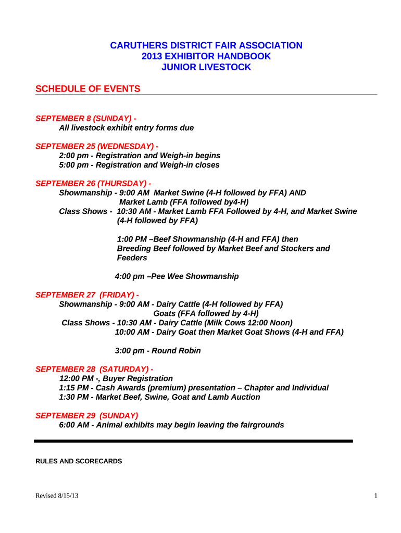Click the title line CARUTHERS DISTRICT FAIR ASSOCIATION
point(206,46)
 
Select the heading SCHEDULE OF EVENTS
point(87,89)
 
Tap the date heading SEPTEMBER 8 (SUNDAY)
point(86,119)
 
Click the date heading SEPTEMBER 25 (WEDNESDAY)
point(97,146)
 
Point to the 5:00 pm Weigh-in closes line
point(139,165)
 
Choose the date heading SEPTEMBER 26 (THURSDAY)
point(93,183)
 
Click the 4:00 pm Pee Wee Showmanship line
point(177,276)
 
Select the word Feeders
point(132,258)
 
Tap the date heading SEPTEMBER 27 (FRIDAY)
point(87,295)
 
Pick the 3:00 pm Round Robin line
point(157,351)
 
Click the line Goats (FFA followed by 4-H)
point(206,313)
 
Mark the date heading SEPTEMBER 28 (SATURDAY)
point(94,369)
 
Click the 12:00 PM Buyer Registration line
point(116,378)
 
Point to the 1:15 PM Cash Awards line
point(194,388)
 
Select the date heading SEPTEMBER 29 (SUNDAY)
point(86,415)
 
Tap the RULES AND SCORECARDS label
point(78,461)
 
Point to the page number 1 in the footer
point(375,496)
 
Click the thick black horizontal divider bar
point(193,441)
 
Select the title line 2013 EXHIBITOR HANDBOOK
point(206,57)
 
